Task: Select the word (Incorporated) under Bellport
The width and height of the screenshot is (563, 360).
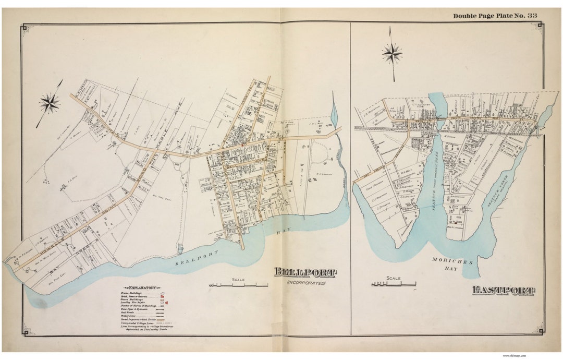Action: [x=306, y=283]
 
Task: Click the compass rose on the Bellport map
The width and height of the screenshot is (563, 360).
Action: [x=50, y=103]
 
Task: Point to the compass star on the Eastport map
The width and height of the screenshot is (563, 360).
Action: [x=391, y=53]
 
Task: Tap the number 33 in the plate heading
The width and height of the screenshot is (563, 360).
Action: [x=531, y=16]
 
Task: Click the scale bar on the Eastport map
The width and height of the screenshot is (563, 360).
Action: [x=394, y=284]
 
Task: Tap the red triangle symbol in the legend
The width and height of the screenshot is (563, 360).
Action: [x=167, y=303]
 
